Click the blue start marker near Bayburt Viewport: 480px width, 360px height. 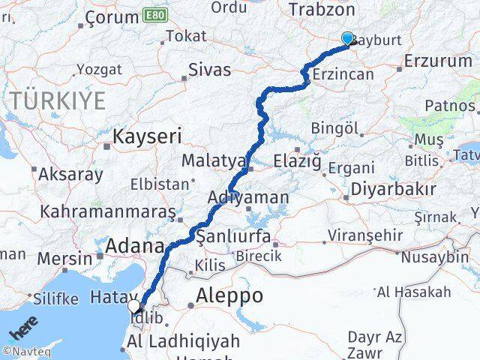click(346, 39)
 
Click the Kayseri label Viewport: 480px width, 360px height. click(148, 136)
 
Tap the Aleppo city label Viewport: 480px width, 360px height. click(229, 296)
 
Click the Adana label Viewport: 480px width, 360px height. click(134, 246)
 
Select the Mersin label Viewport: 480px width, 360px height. click(64, 259)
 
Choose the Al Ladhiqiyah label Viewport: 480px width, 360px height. click(183, 340)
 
